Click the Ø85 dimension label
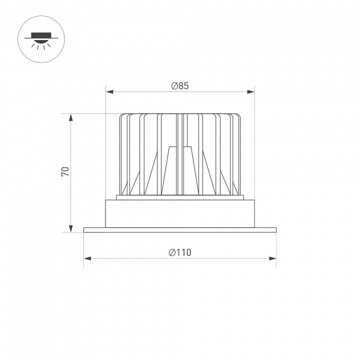click(180, 85)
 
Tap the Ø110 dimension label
click(180, 252)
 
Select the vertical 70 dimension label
click(65, 171)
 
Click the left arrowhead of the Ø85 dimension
click(109, 92)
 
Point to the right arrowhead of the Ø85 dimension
click(250, 92)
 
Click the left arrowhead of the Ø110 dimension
click(87, 258)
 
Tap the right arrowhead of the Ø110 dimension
click(272, 258)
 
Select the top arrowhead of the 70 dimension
click(70, 117)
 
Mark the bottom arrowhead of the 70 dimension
click(70, 228)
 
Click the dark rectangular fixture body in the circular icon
click(41, 35)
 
